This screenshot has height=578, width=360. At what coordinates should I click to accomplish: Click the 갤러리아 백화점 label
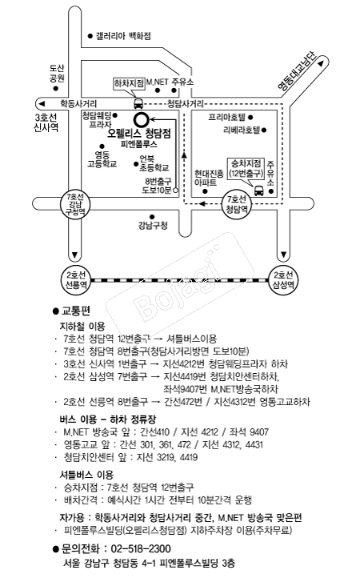[x=123, y=36]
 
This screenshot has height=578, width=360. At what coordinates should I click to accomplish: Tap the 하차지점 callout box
[x=129, y=82]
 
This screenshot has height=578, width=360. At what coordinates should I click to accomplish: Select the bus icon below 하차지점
[x=138, y=103]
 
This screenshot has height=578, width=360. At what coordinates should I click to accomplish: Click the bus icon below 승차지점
[x=258, y=190]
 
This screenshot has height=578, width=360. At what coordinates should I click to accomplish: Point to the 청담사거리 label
[x=186, y=103]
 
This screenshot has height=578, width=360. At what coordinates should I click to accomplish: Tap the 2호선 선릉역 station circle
[x=76, y=279]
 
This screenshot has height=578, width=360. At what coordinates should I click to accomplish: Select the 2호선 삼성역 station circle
[x=285, y=279]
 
